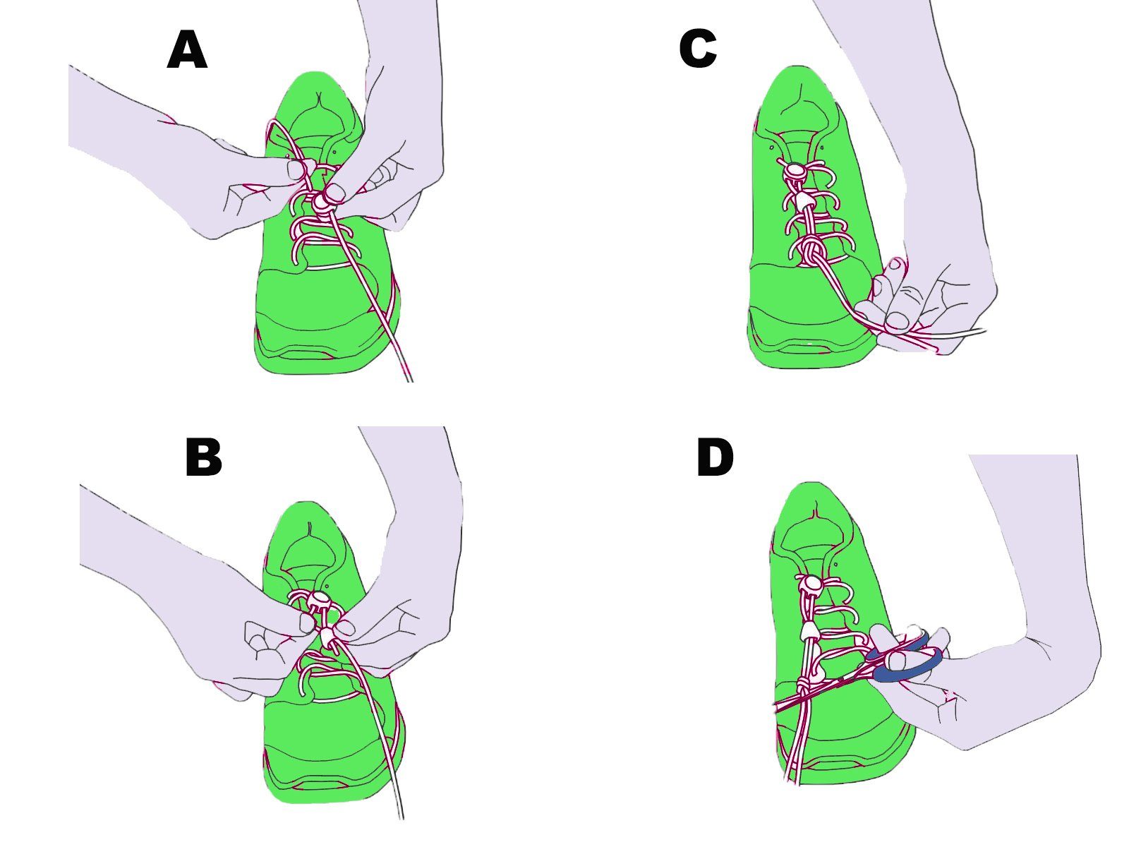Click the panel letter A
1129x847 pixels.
[x=187, y=52]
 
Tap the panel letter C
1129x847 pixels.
[x=697, y=50]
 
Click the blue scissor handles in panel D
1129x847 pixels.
[x=907, y=660]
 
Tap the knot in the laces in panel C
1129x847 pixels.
[x=811, y=250]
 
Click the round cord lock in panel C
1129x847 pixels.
[x=795, y=170]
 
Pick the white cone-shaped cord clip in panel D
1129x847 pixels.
[x=809, y=630]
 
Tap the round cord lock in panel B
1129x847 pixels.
[x=318, y=601]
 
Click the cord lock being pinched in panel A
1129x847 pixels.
[x=323, y=202]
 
